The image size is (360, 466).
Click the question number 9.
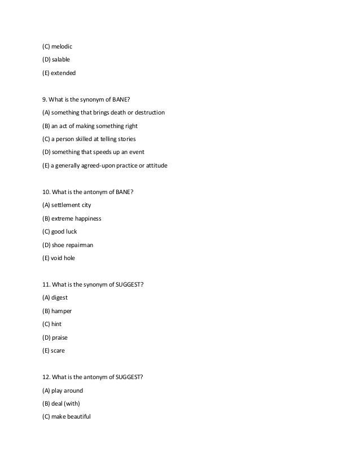point(45,99)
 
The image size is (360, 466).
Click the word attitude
point(155,165)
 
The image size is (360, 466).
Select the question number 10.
point(47,192)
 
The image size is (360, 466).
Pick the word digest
point(59,298)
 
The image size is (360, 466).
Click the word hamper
point(61,311)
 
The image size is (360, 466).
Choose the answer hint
point(55,324)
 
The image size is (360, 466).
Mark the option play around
point(67,390)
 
